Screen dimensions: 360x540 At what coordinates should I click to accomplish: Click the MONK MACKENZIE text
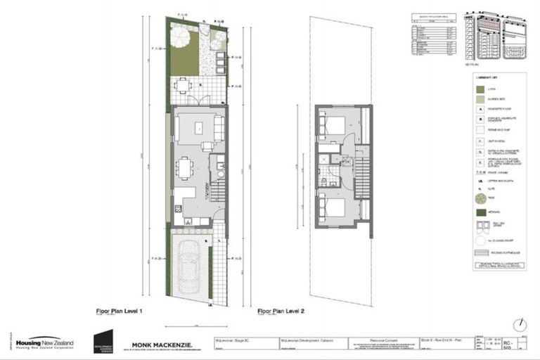point(167,345)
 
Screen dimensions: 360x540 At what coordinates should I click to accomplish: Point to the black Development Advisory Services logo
point(103,341)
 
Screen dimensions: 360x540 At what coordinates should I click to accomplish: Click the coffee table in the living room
point(198,128)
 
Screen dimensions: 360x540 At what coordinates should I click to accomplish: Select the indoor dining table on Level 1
point(186,168)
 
